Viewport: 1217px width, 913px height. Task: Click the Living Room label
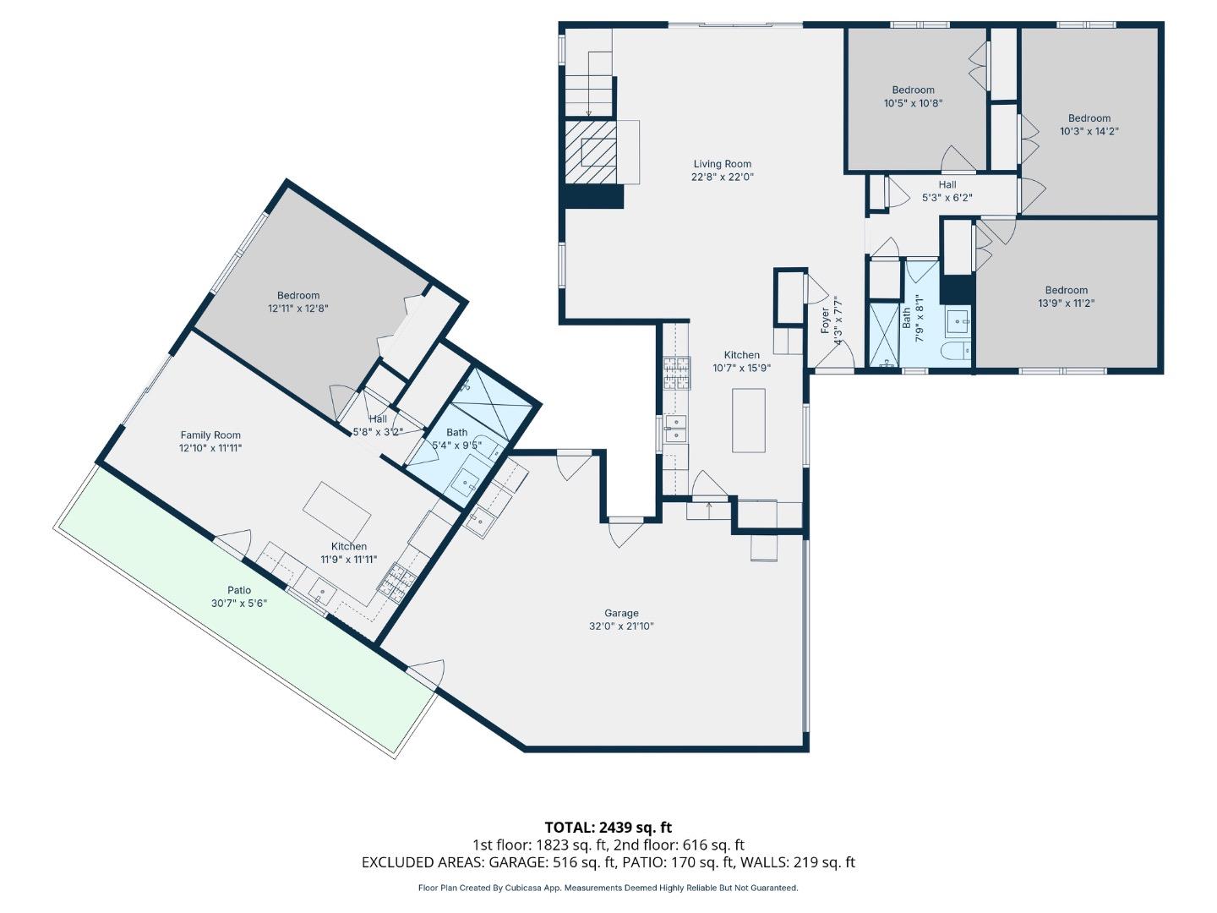(x=722, y=164)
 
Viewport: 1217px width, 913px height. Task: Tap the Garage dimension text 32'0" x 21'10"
(x=621, y=626)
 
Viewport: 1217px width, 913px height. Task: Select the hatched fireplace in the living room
(x=590, y=151)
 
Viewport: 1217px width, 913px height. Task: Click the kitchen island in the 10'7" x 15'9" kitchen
(x=748, y=420)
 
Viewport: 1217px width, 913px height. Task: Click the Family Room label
(x=210, y=435)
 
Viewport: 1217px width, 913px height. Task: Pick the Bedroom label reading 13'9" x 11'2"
(x=1066, y=290)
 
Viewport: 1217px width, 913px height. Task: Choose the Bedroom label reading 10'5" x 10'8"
(x=913, y=90)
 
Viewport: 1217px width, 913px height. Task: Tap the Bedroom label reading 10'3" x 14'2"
(x=1089, y=118)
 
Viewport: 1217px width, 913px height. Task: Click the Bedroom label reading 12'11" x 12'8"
(x=297, y=296)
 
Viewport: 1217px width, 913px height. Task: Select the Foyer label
(x=826, y=320)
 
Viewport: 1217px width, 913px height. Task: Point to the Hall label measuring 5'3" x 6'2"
(x=947, y=184)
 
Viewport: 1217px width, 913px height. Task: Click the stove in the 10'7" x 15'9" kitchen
(x=676, y=372)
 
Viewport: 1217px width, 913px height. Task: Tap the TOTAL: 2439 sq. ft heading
(x=608, y=827)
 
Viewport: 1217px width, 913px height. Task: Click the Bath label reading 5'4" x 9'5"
(x=456, y=432)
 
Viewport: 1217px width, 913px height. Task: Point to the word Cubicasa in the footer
(x=524, y=888)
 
